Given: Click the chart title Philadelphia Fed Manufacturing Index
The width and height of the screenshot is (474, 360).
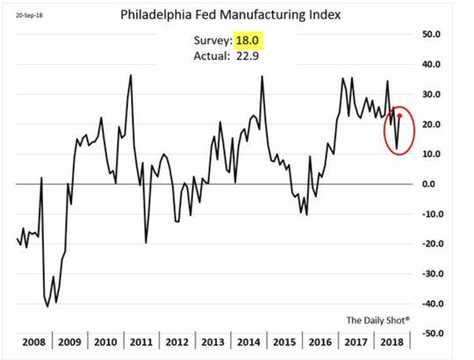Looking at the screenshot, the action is [230, 15].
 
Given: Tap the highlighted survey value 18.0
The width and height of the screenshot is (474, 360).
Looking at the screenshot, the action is [248, 40].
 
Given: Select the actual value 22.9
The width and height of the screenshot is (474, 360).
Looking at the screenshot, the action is [248, 56].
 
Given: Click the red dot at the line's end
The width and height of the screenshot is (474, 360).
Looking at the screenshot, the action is [399, 116].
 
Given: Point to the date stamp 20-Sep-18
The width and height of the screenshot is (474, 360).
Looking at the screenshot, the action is [29, 16].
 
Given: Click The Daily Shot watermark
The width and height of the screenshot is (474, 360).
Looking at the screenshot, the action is [378, 320].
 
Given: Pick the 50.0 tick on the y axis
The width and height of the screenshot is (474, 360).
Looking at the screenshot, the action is [431, 34].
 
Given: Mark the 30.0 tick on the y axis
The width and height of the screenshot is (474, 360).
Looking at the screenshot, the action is [431, 94].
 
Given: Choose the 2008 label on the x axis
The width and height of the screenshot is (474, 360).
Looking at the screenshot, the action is [34, 342].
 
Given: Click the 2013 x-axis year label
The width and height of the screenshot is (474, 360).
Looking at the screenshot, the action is [212, 342].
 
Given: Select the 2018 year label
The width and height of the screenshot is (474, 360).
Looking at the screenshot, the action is [391, 342].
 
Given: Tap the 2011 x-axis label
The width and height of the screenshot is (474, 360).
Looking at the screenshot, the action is [141, 342].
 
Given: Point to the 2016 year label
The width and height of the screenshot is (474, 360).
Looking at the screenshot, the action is [320, 342].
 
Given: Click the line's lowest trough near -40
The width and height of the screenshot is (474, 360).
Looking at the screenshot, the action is [47, 306].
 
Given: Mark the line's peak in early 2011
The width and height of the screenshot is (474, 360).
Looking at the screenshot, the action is [131, 76].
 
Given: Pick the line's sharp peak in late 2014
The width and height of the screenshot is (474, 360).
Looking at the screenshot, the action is [262, 76].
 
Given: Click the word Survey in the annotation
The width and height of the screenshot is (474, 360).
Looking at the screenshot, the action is [212, 40].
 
